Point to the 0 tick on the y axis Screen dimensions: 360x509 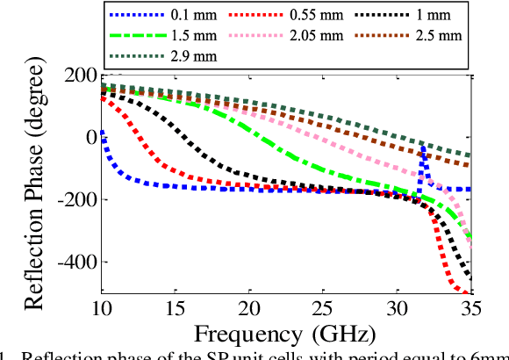point(88,137)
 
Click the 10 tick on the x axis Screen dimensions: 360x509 point(102,308)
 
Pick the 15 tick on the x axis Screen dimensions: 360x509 point(176,308)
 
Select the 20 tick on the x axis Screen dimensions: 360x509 point(250,308)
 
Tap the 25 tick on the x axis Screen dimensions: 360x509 point(324,308)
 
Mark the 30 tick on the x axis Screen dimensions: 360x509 point(398,308)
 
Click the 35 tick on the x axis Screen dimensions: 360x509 point(471,308)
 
